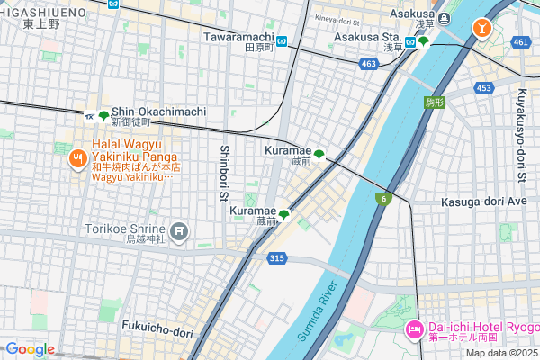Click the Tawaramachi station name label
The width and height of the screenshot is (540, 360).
[238, 37]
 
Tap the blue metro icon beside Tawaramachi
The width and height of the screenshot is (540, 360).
[283, 40]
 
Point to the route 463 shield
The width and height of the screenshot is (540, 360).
[368, 64]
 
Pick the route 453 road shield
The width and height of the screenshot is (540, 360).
[484, 87]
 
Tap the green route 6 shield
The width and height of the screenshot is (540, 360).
[384, 199]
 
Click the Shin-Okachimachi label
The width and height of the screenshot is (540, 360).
[158, 111]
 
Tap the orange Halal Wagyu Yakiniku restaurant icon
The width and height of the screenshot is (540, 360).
[77, 160]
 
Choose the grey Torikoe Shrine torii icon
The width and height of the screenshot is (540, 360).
[180, 232]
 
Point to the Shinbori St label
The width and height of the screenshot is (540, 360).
[225, 177]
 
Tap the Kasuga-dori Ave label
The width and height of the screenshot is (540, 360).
[483, 202]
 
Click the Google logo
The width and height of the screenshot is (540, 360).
[30, 349]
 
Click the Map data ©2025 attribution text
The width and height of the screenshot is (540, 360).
[500, 353]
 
